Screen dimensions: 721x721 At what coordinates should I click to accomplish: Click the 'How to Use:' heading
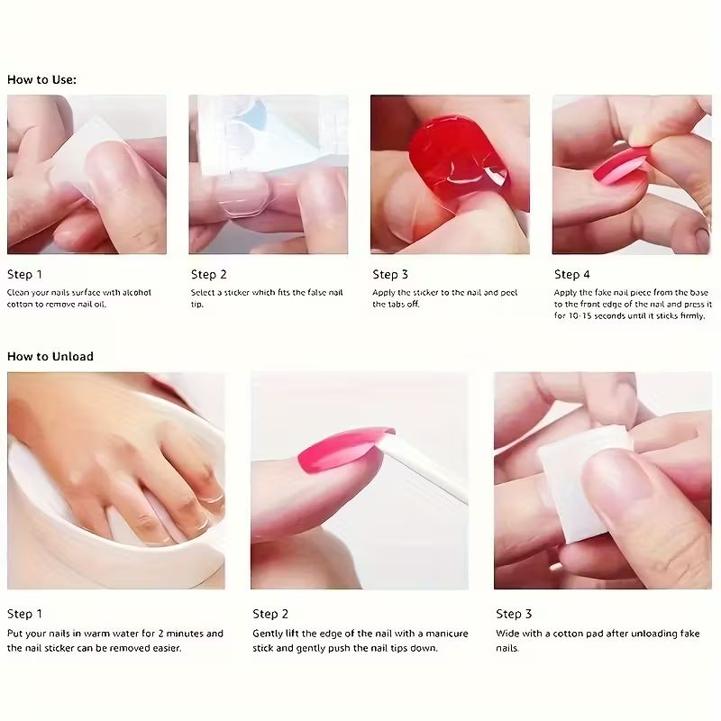41,79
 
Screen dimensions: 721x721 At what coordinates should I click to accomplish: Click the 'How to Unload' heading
50,356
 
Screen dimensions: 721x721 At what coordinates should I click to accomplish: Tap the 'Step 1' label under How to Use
24,274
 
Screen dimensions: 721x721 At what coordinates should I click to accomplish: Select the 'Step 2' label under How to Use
208,274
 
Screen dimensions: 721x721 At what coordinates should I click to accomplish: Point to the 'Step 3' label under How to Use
390,274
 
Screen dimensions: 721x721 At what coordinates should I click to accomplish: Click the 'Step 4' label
572,274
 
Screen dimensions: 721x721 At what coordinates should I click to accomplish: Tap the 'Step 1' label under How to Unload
24,614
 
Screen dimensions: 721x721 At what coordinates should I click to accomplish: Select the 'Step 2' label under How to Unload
270,614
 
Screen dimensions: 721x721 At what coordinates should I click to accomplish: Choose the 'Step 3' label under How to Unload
514,614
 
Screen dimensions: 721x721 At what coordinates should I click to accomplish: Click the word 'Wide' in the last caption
507,634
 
